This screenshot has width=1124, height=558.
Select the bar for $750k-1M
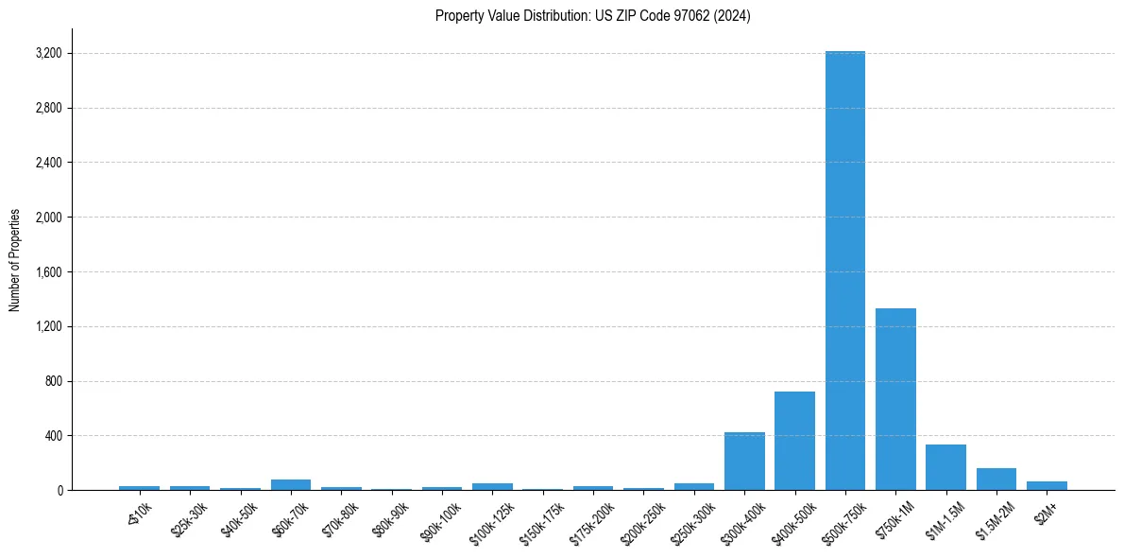[895, 399]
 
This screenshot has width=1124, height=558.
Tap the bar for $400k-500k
[794, 441]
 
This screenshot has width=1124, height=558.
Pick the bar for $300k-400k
[744, 462]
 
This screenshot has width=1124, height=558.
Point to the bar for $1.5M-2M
[996, 480]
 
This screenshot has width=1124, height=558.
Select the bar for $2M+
[1047, 485]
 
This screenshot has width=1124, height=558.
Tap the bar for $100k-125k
[492, 486]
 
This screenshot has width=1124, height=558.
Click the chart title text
[593, 16]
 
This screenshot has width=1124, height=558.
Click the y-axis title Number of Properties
[15, 260]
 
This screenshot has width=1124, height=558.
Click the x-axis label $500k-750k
[843, 523]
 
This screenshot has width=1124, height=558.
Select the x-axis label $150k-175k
[541, 523]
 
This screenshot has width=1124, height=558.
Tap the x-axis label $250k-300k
[692, 523]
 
